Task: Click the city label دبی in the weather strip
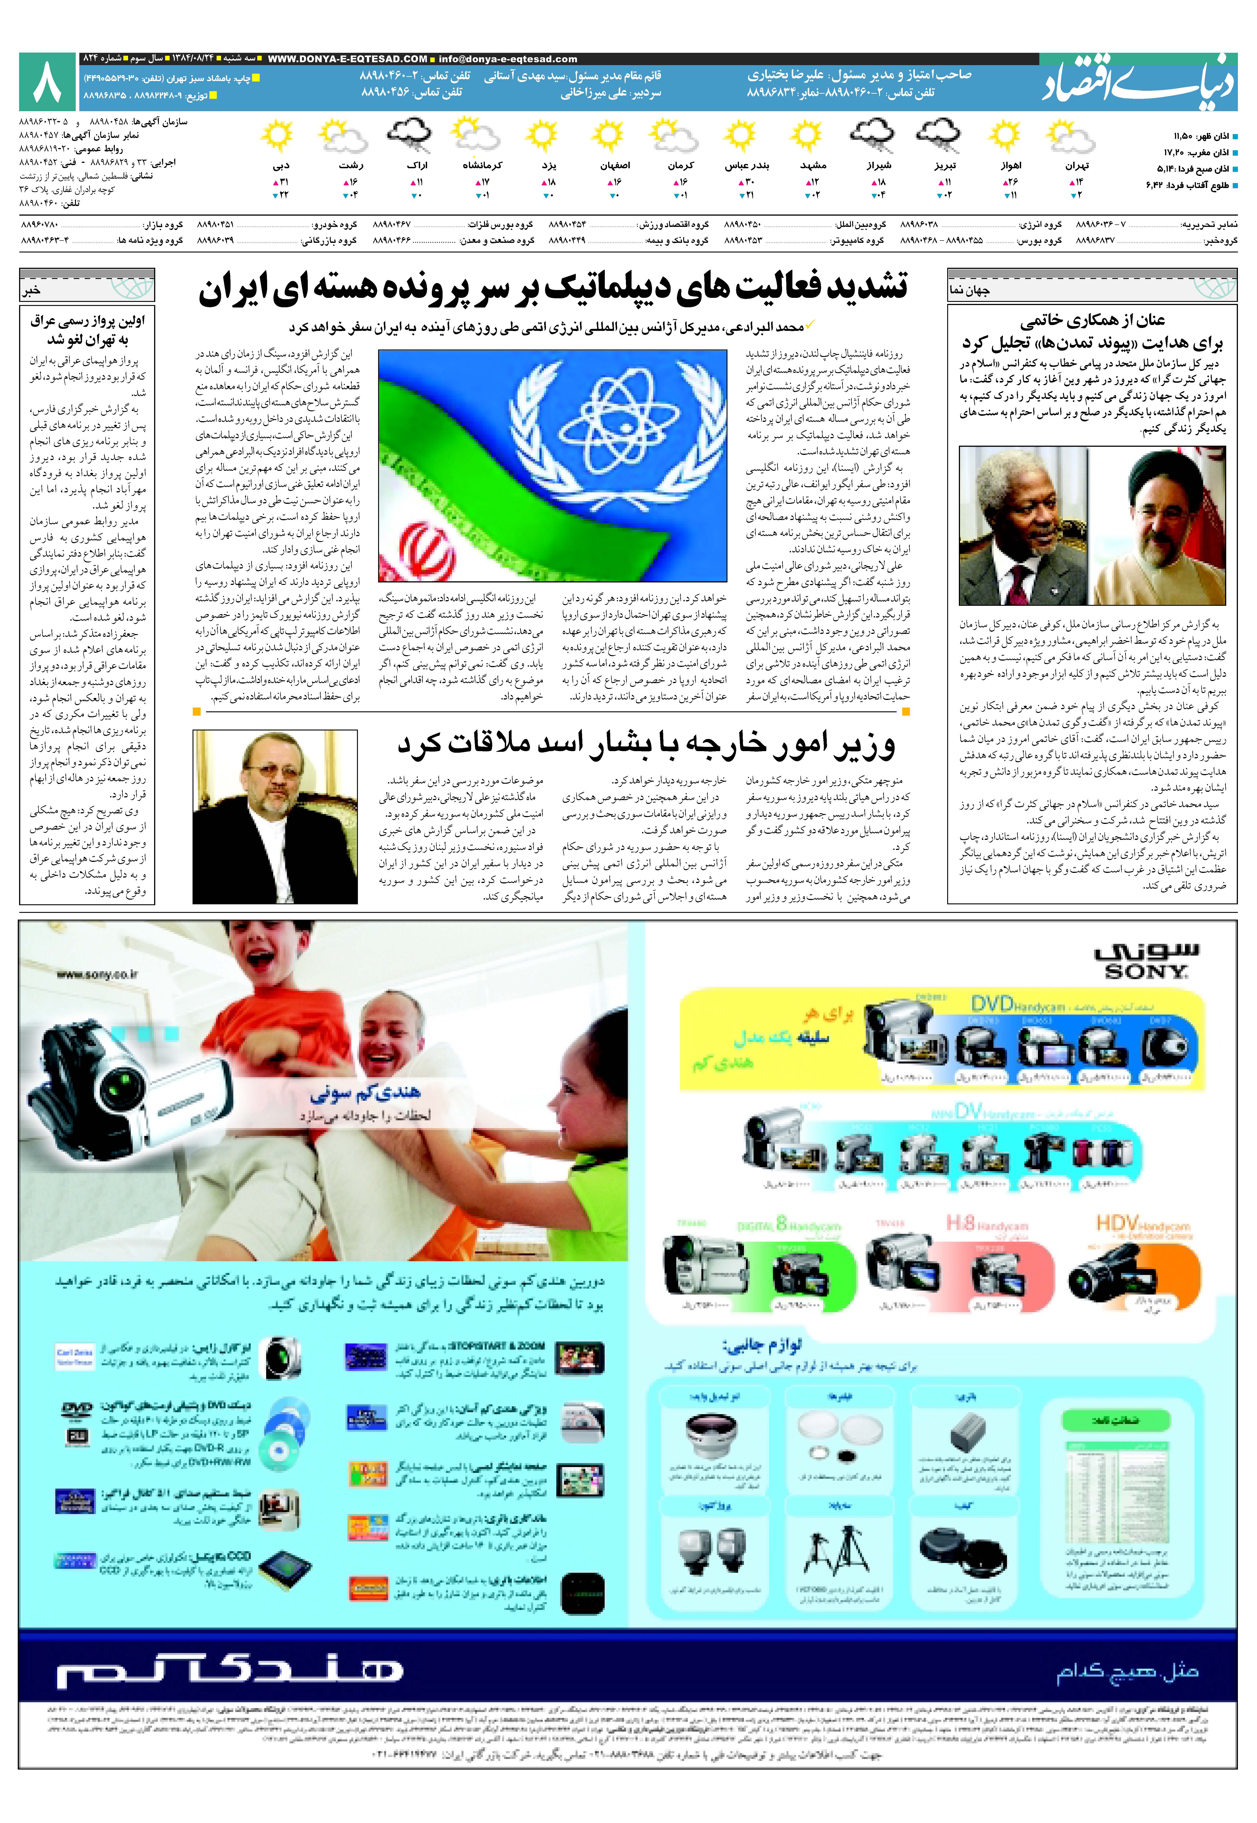click(x=281, y=165)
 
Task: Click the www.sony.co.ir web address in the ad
click(x=97, y=974)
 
